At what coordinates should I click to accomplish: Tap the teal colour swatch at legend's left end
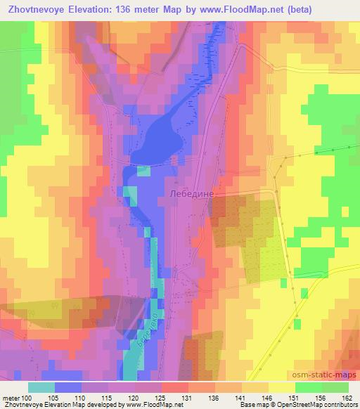[x=41, y=387]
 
